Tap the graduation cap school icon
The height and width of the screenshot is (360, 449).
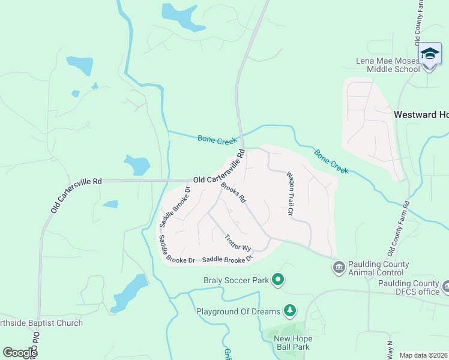tap(430, 55)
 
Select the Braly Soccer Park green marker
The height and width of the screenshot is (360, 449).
tap(278, 280)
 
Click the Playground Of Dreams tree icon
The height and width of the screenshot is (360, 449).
tap(290, 311)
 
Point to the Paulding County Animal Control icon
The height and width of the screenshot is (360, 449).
tap(339, 266)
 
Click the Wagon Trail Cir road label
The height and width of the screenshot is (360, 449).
tap(289, 193)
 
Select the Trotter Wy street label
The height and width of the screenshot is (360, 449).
tap(238, 242)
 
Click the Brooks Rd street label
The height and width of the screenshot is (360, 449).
tap(234, 192)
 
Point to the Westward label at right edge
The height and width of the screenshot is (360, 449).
tap(421, 114)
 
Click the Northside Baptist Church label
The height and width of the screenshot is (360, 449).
tap(41, 323)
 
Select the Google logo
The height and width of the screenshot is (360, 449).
tap(19, 353)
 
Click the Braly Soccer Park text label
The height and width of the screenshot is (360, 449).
tap(235, 280)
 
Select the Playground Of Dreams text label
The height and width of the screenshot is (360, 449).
tap(238, 311)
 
